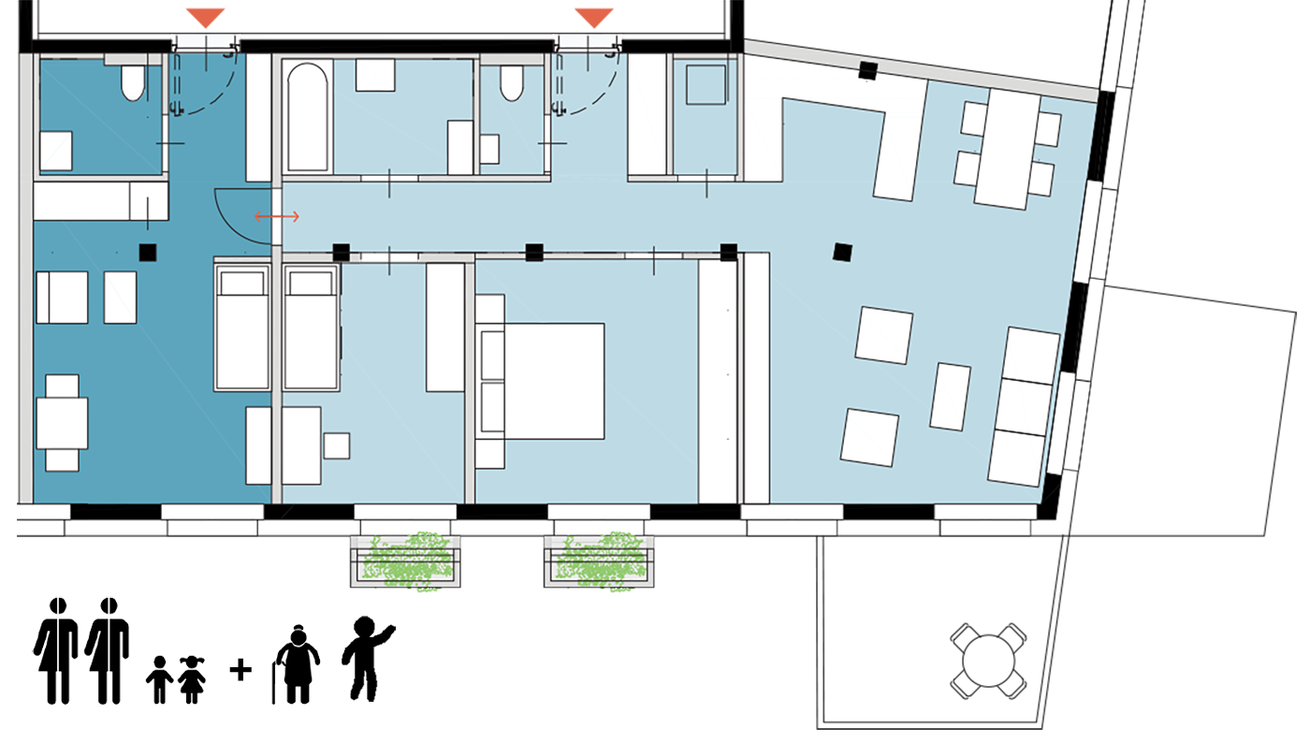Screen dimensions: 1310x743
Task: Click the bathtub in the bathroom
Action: click(x=308, y=117)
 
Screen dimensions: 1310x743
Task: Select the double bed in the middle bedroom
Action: click(x=552, y=380)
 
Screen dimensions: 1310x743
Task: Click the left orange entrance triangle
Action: click(x=205, y=17)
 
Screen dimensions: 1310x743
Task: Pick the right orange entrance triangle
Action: click(x=594, y=17)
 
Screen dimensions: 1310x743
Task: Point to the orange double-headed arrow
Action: click(x=277, y=217)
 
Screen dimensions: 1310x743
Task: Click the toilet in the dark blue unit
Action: click(x=133, y=84)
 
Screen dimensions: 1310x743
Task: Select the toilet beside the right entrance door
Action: click(x=512, y=83)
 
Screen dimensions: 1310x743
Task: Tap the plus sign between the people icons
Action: click(x=240, y=669)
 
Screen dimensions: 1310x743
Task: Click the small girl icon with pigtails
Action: click(x=193, y=678)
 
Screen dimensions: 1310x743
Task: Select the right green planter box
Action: click(x=600, y=561)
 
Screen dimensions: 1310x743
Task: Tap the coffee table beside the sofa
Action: click(x=952, y=396)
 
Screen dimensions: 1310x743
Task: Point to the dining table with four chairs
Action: click(x=1007, y=148)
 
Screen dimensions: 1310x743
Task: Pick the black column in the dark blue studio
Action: click(x=147, y=252)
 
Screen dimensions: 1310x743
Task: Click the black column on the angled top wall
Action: click(x=867, y=70)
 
